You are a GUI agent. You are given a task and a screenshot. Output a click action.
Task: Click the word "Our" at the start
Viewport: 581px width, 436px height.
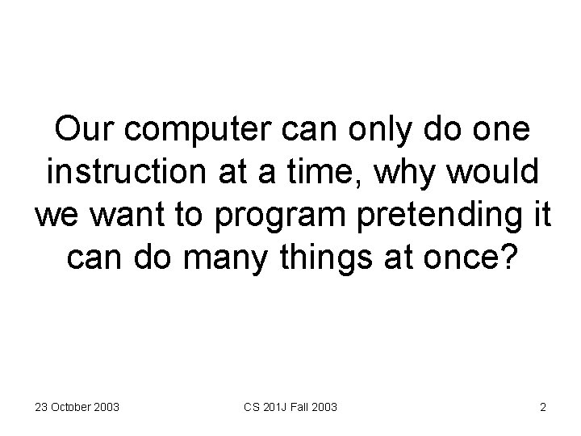click(x=82, y=130)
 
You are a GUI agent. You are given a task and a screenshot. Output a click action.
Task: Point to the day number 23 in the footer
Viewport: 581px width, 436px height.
click(x=40, y=407)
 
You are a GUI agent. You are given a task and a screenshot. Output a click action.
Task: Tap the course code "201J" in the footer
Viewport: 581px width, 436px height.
click(x=271, y=407)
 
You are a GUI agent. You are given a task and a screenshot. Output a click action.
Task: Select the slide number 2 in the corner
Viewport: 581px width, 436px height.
click(x=543, y=407)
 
